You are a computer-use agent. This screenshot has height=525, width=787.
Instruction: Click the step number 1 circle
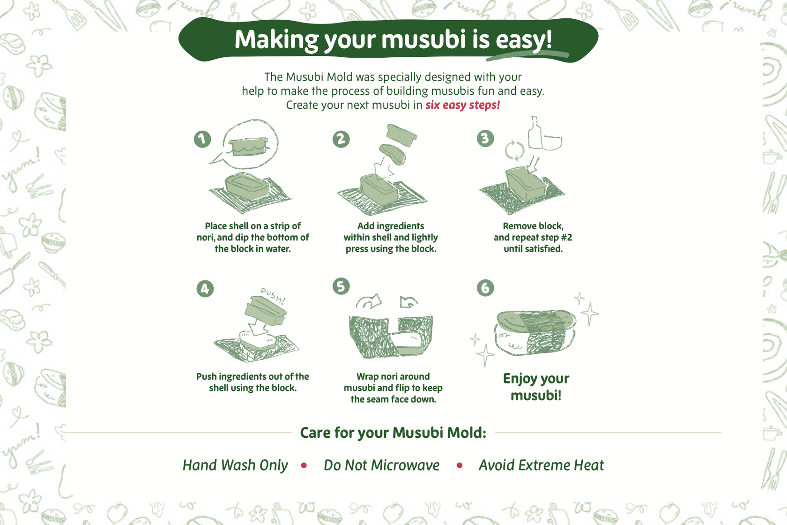[x=202, y=139]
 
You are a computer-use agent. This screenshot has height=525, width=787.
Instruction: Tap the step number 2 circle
[x=341, y=139]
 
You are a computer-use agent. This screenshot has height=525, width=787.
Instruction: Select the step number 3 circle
[x=485, y=138]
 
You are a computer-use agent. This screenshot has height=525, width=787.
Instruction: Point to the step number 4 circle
[x=205, y=289]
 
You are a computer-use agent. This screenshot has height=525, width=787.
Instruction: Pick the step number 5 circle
[x=341, y=286]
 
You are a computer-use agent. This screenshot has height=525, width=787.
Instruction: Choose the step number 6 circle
[x=485, y=288]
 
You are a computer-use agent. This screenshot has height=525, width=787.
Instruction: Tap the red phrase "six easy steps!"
[x=462, y=105]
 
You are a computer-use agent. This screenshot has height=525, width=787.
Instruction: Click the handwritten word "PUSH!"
[x=273, y=296]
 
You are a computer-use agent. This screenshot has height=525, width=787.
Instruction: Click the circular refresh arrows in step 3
[x=514, y=150]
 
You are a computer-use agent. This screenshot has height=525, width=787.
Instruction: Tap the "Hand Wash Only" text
[x=235, y=465]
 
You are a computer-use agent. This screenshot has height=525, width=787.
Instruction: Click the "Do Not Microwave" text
[x=382, y=465]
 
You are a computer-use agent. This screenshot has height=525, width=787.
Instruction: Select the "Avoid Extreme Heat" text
[x=541, y=465]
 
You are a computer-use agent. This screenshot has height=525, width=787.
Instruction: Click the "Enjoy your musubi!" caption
[x=536, y=387]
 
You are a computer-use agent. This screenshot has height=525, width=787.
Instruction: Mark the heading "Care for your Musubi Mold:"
[x=393, y=433]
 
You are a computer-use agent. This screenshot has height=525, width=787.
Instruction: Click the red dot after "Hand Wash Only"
[x=304, y=465]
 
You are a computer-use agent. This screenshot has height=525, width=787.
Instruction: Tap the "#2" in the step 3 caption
[x=566, y=238]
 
